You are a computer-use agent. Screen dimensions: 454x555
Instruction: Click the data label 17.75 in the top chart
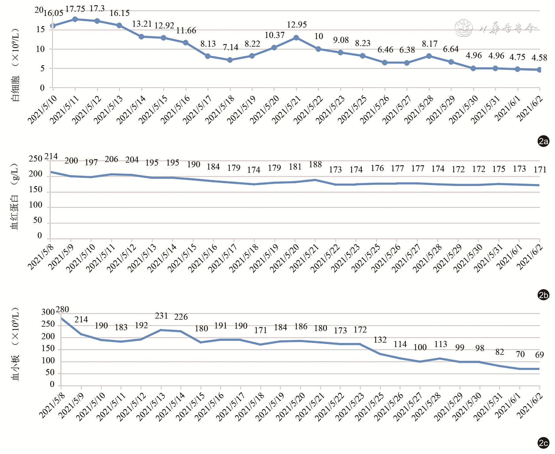(x=75, y=9)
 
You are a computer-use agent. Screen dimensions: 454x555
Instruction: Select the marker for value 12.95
(x=296, y=38)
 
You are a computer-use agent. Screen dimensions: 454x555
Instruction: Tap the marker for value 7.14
(x=230, y=60)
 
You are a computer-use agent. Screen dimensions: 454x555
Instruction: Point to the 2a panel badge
(x=543, y=141)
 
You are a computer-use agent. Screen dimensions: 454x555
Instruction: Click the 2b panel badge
(x=543, y=295)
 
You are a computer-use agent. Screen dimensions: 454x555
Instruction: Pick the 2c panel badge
(x=543, y=443)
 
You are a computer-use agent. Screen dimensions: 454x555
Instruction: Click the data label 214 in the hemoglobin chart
(x=51, y=157)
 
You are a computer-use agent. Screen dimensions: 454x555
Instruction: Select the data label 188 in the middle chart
(x=315, y=164)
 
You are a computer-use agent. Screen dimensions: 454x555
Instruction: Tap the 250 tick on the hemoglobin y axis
(x=35, y=159)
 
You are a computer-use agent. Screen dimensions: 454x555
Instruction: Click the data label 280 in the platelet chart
(x=62, y=309)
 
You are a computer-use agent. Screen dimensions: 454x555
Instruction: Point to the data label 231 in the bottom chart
(x=161, y=316)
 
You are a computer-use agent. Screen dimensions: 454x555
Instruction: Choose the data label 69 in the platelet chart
(x=539, y=355)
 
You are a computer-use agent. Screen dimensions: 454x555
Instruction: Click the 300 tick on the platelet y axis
(x=48, y=312)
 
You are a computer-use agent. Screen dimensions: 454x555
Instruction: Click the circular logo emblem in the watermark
(x=463, y=28)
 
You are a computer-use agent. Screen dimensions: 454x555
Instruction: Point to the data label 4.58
(x=539, y=58)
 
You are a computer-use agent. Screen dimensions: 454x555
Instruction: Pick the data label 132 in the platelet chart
(x=380, y=340)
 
